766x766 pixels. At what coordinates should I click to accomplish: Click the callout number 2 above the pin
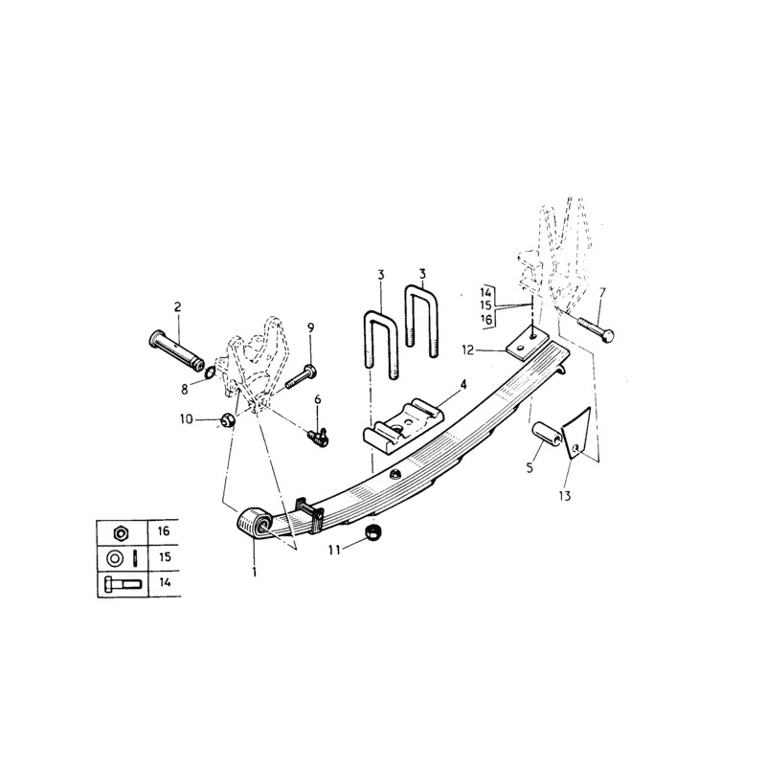pos(177,307)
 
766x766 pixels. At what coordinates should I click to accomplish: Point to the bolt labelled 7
pos(597,330)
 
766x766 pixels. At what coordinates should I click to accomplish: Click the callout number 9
pos(310,328)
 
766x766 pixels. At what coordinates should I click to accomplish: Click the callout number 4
pos(464,384)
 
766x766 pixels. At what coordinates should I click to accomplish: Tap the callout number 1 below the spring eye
pos(254,573)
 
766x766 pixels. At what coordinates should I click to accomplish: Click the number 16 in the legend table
pos(163,529)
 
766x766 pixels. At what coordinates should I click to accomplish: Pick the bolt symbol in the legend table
pos(118,581)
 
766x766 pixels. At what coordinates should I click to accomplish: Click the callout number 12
pos(492,349)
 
